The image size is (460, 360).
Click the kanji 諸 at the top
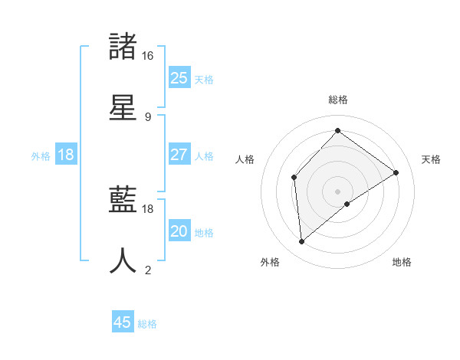pyautogui.click(x=123, y=47)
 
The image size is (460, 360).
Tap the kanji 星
pyautogui.click(x=123, y=106)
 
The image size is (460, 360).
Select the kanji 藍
pyautogui.click(x=123, y=201)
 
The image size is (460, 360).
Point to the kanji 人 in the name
pyautogui.click(x=123, y=260)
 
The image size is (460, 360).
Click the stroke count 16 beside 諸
pyautogui.click(x=147, y=56)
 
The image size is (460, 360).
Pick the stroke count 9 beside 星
pyautogui.click(x=147, y=116)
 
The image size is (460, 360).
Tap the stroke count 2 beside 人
pyautogui.click(x=147, y=270)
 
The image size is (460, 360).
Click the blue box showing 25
pyautogui.click(x=179, y=78)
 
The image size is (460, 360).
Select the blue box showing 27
pyautogui.click(x=179, y=155)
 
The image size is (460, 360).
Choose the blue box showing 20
pyautogui.click(x=179, y=231)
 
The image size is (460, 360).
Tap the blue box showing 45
pyautogui.click(x=123, y=322)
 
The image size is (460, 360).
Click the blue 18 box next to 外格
pyautogui.click(x=66, y=155)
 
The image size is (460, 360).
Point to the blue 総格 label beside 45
pyautogui.click(x=148, y=324)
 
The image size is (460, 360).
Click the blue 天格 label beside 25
pyautogui.click(x=204, y=79)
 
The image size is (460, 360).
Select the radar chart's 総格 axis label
pyautogui.click(x=338, y=100)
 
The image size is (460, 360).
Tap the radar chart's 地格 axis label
pyautogui.click(x=402, y=262)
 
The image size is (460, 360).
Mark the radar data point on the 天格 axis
pyautogui.click(x=396, y=172)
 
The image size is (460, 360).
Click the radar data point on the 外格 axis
pyautogui.click(x=302, y=241)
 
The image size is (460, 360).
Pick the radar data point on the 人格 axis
pyautogui.click(x=294, y=178)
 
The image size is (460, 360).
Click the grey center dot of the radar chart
pyautogui.click(x=338, y=191)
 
